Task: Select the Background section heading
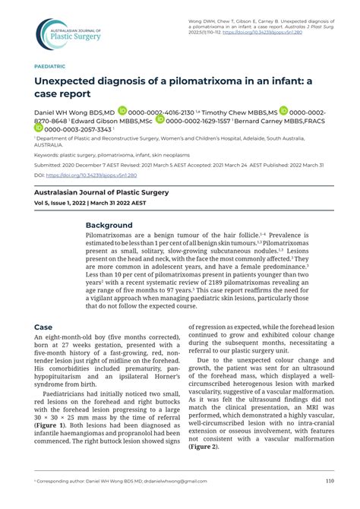tap(109, 226)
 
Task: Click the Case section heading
tap(43, 327)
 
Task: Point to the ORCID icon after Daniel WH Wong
tap(122, 110)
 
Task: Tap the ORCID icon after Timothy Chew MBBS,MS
tap(284, 110)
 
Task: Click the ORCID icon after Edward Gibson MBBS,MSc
tap(159, 120)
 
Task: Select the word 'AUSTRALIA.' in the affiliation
tap(49, 144)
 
